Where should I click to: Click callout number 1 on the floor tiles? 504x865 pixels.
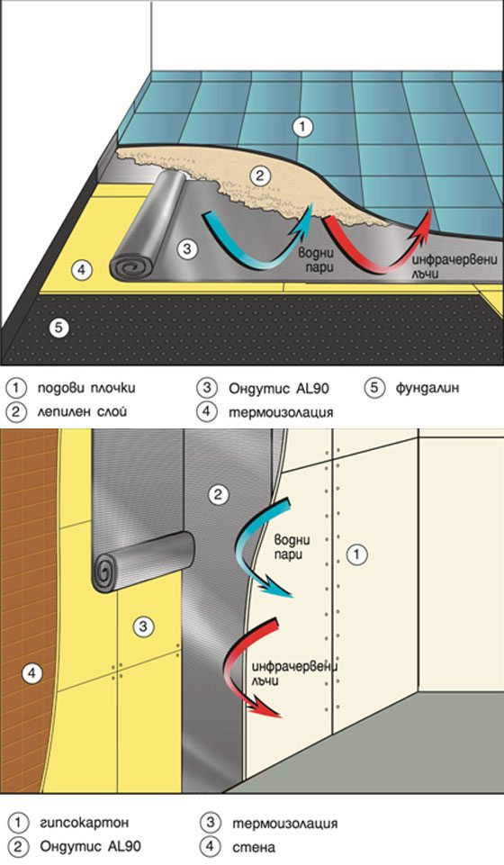pos(301,127)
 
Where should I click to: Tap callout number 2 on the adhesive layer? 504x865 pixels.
pos(259,176)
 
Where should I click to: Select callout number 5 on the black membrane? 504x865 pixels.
pos(58,328)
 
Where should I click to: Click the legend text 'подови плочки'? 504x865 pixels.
pos(86,388)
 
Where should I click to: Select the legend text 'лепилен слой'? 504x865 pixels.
pos(82,411)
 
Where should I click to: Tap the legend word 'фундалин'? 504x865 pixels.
pos(427,388)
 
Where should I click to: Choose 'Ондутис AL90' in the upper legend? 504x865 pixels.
pos(279,388)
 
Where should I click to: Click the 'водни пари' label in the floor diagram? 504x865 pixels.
pos(317,260)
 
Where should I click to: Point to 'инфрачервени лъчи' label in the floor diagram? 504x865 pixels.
pos(451,266)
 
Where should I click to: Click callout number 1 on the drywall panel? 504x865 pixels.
pos(356,554)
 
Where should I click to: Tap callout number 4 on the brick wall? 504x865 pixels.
pos(31,673)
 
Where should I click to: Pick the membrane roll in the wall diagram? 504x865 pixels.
pos(143,563)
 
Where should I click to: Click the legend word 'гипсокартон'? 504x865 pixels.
pos(85,823)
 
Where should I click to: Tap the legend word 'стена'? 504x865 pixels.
pos(254,846)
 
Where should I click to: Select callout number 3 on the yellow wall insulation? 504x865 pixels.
pos(143,626)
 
